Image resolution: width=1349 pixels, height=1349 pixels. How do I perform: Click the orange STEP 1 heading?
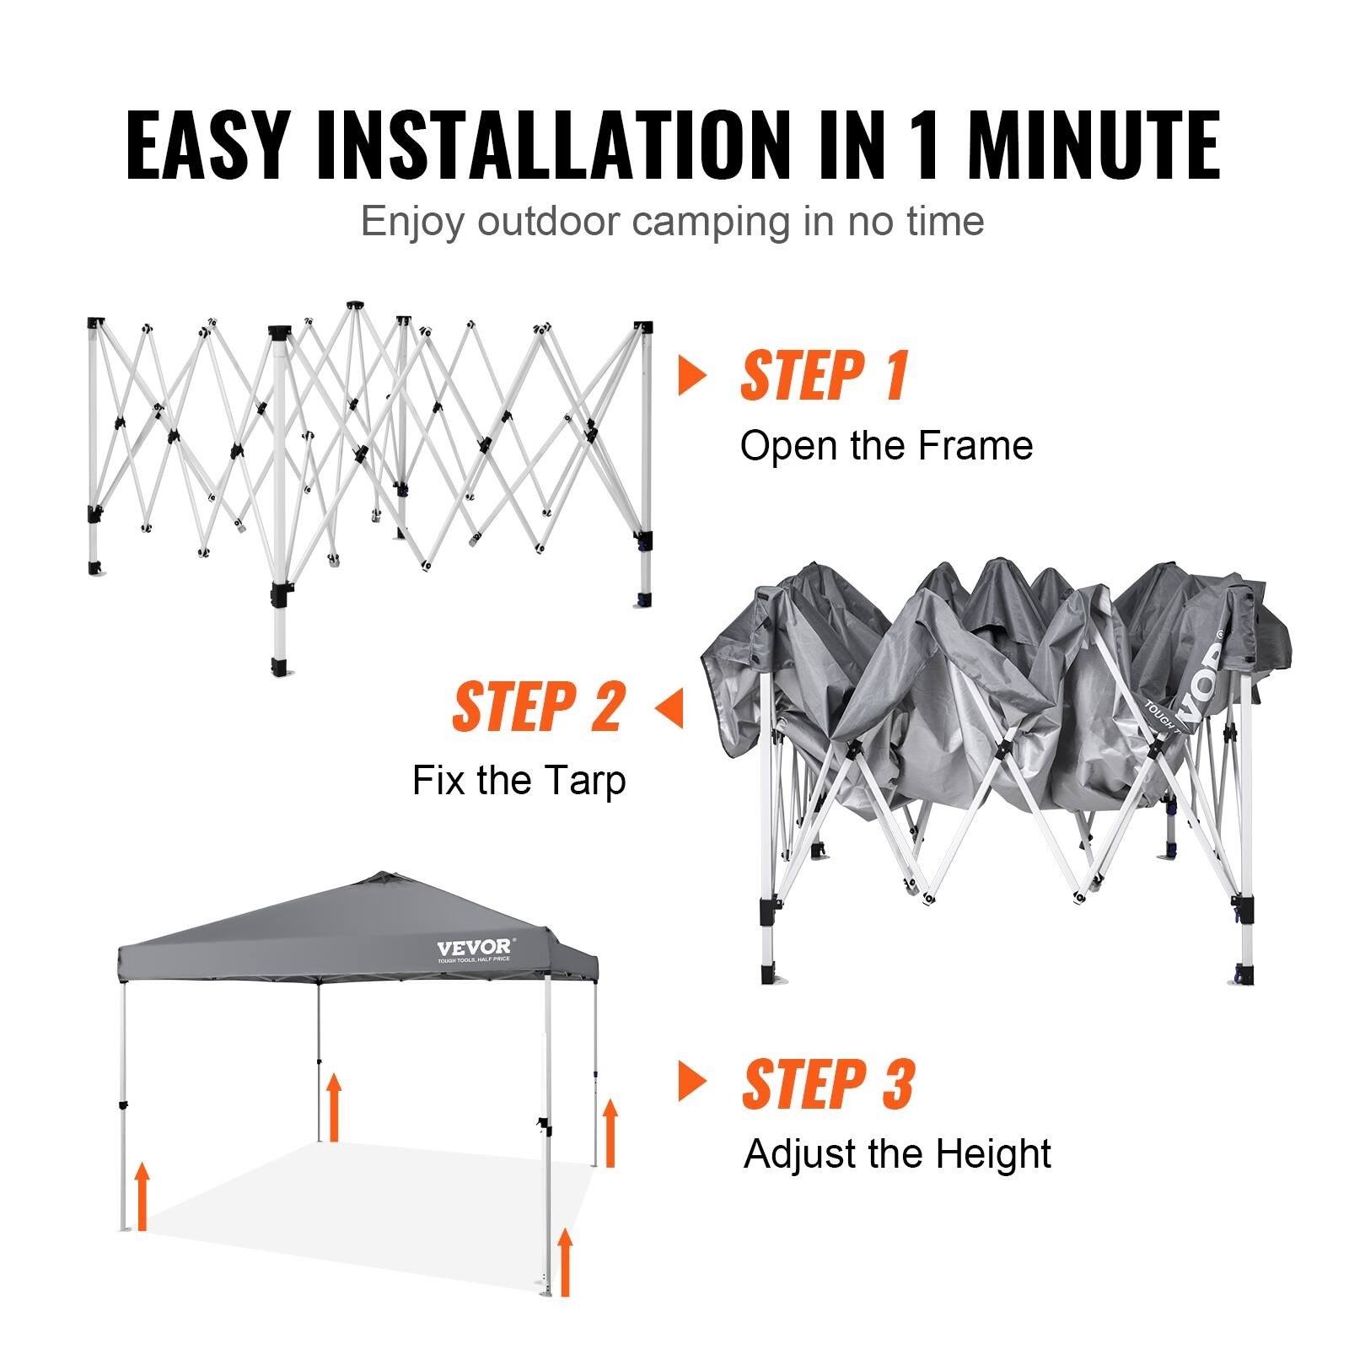[824, 376]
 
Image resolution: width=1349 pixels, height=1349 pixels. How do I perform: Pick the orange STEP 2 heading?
[540, 707]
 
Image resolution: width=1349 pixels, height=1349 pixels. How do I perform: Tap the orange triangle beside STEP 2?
[669, 707]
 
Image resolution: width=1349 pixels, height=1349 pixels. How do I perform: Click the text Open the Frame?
[886, 446]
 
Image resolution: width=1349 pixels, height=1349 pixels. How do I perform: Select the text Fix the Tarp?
[519, 780]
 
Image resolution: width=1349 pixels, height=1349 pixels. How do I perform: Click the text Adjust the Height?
[897, 1153]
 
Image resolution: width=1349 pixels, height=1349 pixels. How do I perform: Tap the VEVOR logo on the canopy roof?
[473, 948]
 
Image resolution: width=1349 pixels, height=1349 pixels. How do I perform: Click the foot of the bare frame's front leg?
[280, 671]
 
